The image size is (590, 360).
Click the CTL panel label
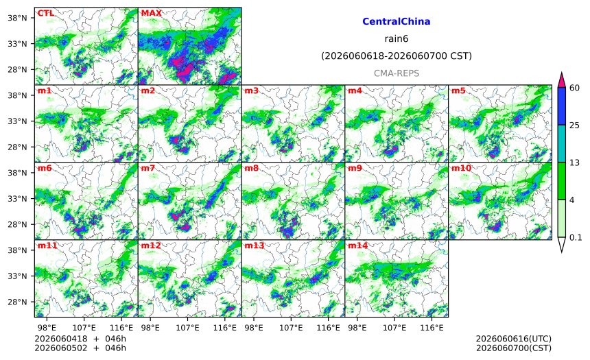click(x=45, y=14)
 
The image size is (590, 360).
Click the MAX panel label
click(x=151, y=14)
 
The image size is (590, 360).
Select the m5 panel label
click(x=458, y=91)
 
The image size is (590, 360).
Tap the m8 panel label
click(x=251, y=168)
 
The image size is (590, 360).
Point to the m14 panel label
click(x=357, y=245)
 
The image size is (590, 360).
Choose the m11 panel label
click(x=47, y=245)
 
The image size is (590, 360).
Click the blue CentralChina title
click(x=397, y=21)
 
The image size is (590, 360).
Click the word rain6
click(x=397, y=39)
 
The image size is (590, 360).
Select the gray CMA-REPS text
click(x=397, y=73)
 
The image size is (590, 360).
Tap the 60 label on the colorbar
click(x=575, y=88)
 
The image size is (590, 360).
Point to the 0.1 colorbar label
click(x=576, y=237)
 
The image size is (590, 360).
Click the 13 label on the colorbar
click(x=575, y=163)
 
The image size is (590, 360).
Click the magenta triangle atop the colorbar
click(x=561, y=80)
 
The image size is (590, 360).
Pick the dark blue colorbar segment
click(x=561, y=106)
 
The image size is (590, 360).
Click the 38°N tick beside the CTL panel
click(x=17, y=18)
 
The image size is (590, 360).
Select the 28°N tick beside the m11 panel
click(x=17, y=302)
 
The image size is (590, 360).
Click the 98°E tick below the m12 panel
click(x=150, y=328)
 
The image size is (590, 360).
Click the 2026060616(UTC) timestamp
click(x=514, y=339)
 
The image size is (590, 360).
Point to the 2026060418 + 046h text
click(x=80, y=339)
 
